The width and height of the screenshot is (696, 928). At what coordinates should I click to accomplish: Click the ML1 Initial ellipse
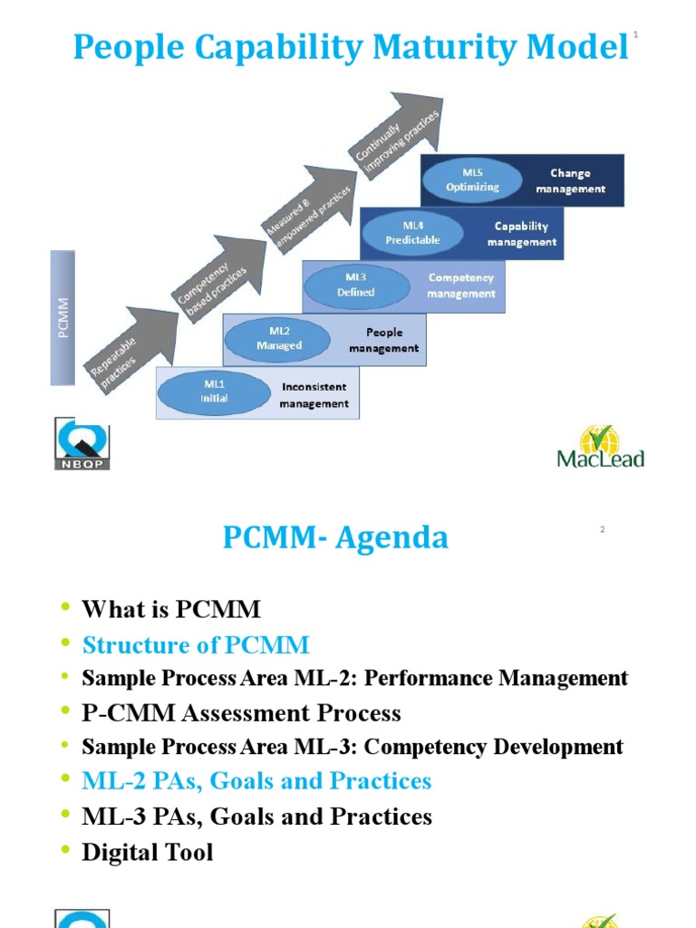[x=214, y=392]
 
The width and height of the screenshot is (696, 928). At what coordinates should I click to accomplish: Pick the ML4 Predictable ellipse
[x=412, y=233]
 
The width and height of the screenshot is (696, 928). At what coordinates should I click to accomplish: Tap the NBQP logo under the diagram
[x=82, y=443]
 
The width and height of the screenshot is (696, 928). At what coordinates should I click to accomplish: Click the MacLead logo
[x=600, y=446]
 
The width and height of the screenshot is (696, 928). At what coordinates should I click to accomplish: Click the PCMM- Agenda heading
[x=335, y=538]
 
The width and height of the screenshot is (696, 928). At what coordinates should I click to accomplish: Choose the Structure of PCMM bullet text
[x=196, y=645]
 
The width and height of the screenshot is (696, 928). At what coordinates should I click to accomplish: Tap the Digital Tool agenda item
[x=148, y=852]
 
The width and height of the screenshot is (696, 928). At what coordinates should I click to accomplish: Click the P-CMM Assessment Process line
[x=241, y=713]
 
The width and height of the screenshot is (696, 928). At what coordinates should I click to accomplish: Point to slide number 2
[x=602, y=530]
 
